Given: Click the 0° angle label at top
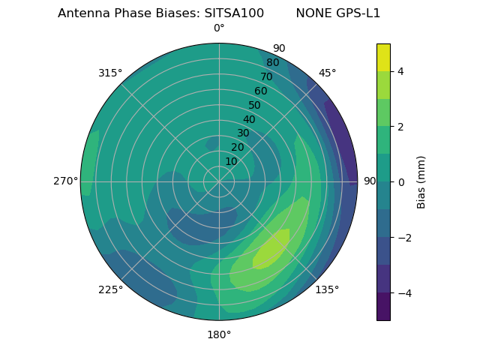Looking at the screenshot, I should tap(219, 28).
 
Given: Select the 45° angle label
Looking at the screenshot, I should tap(328, 73).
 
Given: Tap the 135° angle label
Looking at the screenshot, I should tap(327, 289).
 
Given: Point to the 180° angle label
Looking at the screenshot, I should tap(219, 334).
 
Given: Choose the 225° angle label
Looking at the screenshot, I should tap(110, 289).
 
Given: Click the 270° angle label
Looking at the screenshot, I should tap(65, 181).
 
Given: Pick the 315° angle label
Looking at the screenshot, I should tap(110, 73).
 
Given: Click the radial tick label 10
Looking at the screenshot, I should tap(231, 161).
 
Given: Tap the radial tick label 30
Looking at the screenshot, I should tap(243, 133).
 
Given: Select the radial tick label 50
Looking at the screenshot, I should tap(255, 105).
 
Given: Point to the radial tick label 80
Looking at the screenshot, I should tap(272, 62).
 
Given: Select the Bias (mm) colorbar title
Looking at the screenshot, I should tap(421, 181).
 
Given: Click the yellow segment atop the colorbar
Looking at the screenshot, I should tap(383, 57).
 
